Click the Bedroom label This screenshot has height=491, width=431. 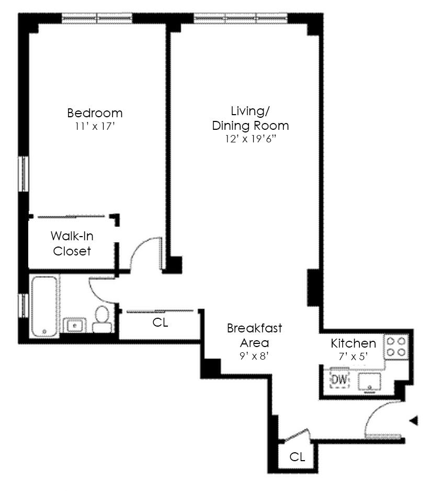click(x=95, y=113)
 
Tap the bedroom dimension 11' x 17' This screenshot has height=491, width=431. click(x=95, y=127)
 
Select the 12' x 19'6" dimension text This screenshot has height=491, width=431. click(x=251, y=139)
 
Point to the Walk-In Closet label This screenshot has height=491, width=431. click(x=72, y=243)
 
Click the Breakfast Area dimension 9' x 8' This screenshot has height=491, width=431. click(x=254, y=356)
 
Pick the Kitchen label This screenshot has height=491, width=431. click(x=353, y=343)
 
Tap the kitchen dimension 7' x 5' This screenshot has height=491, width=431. click(x=353, y=356)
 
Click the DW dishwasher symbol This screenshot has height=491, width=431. click(x=339, y=379)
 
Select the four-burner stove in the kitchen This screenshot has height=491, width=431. click(x=396, y=347)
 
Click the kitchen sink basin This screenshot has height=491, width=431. click(x=370, y=382)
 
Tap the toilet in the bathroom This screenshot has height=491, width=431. click(x=101, y=319)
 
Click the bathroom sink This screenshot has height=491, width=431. click(x=74, y=326)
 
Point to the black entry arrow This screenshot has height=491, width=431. click(x=414, y=420)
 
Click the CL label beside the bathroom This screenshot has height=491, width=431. click(x=160, y=322)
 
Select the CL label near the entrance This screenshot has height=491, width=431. click(x=297, y=457)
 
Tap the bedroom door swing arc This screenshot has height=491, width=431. click(x=140, y=248)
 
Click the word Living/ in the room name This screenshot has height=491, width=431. click(x=251, y=111)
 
